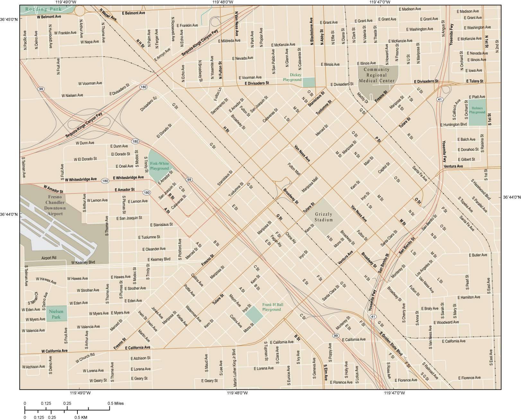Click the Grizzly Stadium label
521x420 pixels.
click(x=324, y=217)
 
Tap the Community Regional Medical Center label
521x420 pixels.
click(x=376, y=75)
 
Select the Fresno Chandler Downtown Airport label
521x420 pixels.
click(x=55, y=205)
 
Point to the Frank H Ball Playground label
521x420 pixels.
click(x=271, y=307)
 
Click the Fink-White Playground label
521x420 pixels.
click(x=159, y=166)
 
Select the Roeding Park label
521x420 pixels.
click(x=41, y=9)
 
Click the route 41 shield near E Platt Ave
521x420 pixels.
click(x=440, y=99)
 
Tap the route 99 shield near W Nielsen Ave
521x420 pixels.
click(x=40, y=89)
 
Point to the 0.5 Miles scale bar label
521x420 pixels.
click(x=116, y=403)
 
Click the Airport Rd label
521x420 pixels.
click(x=49, y=258)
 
